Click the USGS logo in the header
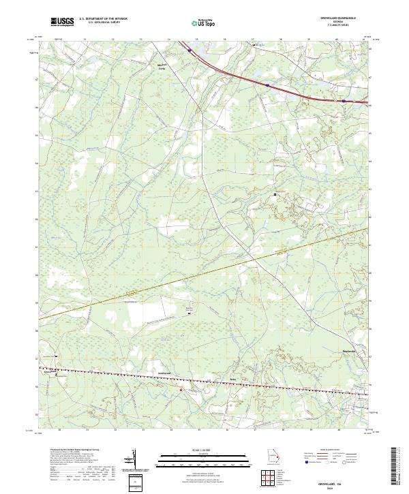(63, 21)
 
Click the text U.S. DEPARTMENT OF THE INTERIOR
(103, 18)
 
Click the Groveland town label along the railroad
(48, 372)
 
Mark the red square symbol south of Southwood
(181, 389)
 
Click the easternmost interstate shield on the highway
(344, 102)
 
